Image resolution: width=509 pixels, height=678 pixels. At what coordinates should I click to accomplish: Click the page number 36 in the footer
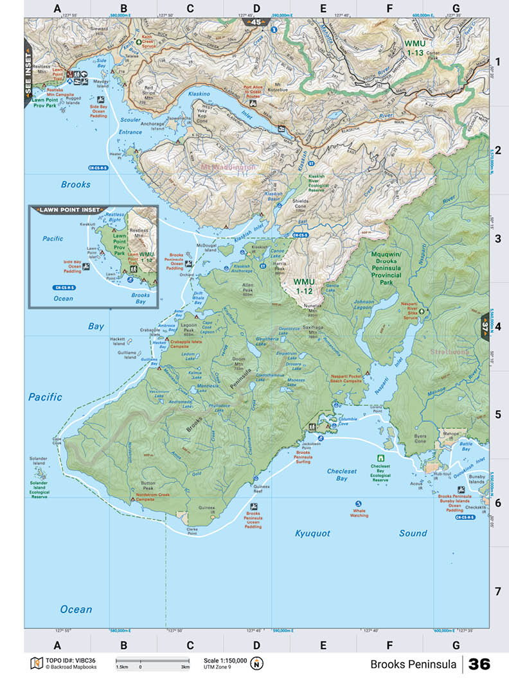tap(479, 663)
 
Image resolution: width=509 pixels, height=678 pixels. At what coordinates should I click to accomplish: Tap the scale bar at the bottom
tap(152, 661)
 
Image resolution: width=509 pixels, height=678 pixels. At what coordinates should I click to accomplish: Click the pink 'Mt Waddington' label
tap(228, 167)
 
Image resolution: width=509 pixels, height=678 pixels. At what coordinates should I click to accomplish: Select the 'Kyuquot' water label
tap(312, 533)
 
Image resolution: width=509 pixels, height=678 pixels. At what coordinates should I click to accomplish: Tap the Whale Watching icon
tap(359, 503)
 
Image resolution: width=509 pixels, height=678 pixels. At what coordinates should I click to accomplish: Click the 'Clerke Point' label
tap(192, 531)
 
